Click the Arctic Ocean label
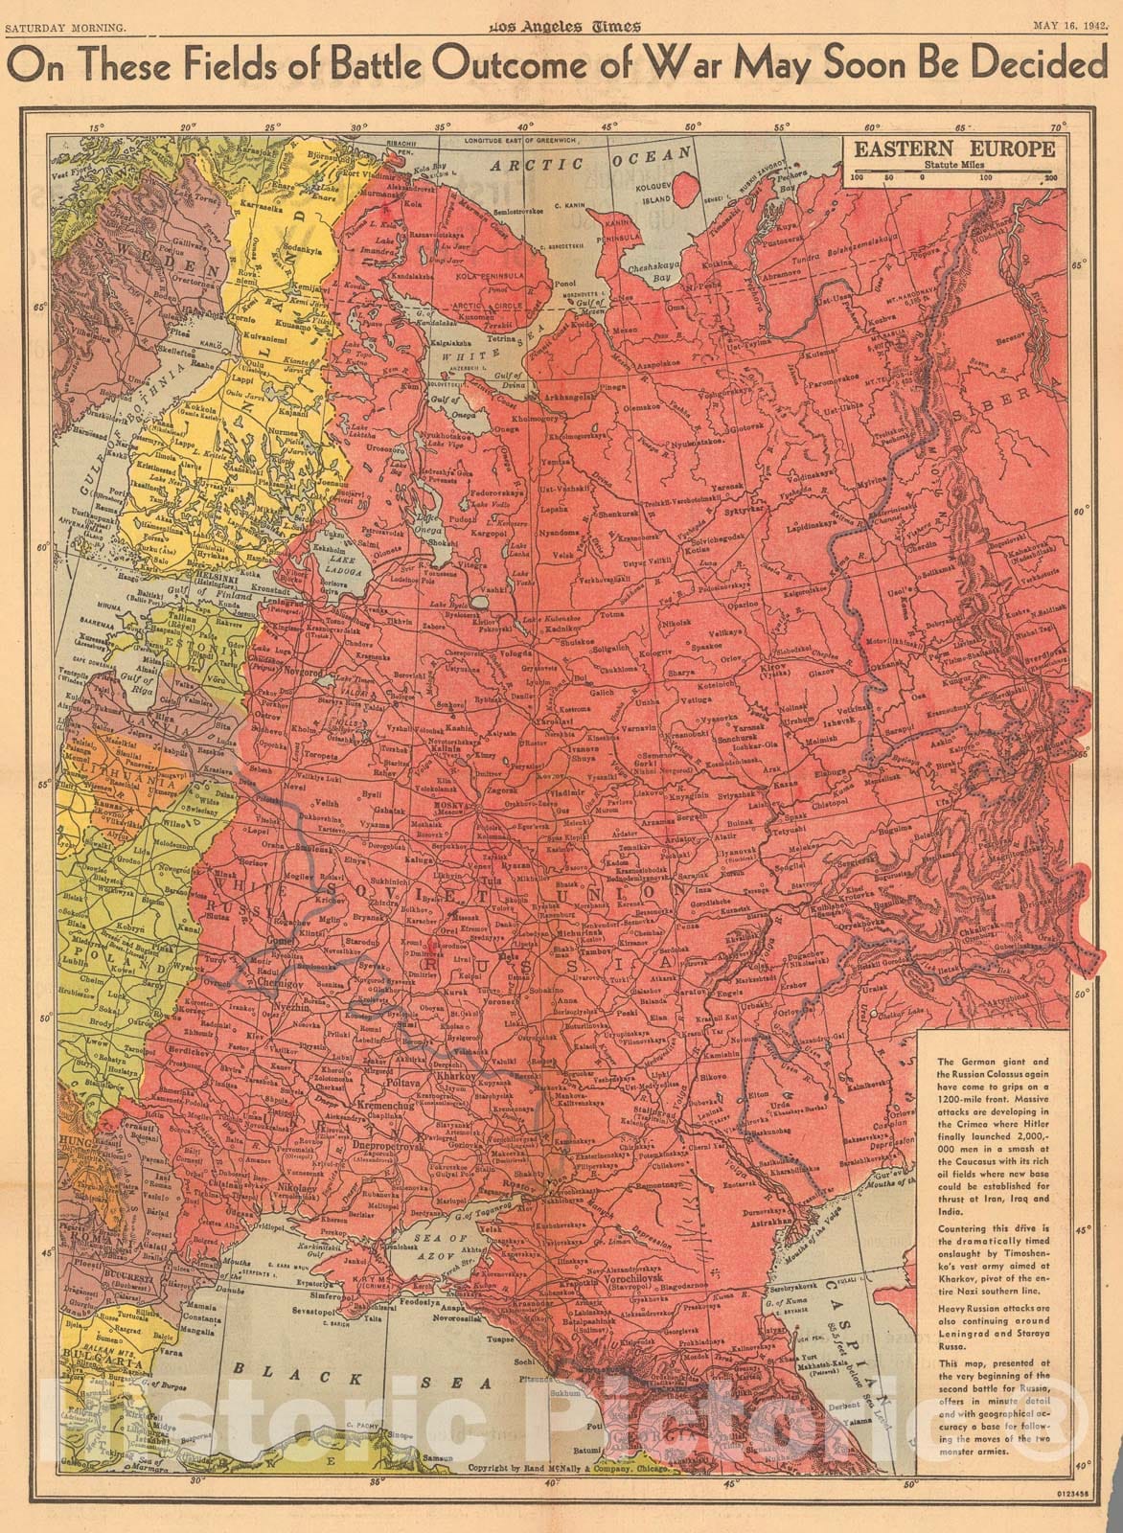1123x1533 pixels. (591, 164)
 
